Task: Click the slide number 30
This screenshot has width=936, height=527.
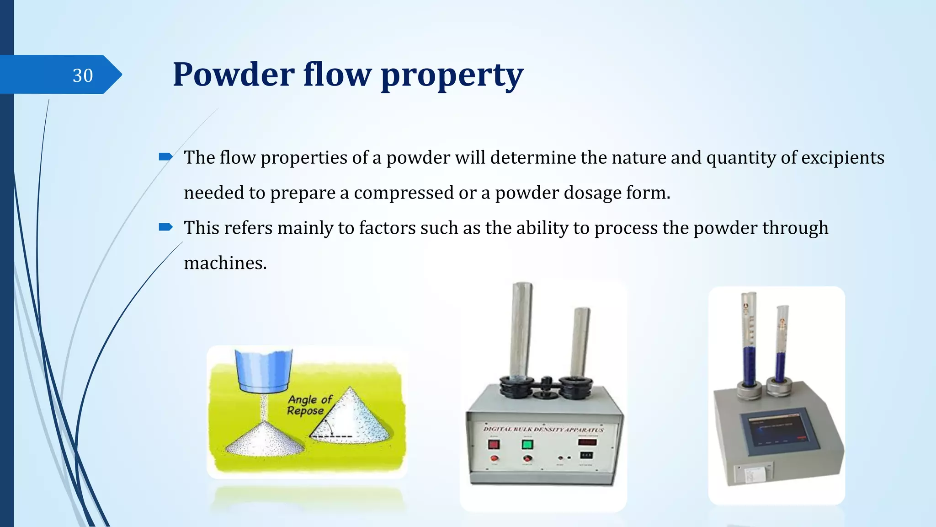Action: pos(83,75)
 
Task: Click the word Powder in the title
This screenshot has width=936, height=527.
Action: pos(234,75)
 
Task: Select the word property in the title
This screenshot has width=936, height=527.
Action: pos(452,75)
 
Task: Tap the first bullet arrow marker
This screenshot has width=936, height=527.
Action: pos(165,157)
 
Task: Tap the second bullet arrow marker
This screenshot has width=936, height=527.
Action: pos(165,227)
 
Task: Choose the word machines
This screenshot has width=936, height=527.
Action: pos(225,263)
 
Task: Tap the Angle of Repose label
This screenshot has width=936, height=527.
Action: pos(309,405)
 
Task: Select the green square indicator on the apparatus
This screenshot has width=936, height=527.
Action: pos(527,444)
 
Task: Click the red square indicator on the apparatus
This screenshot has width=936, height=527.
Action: pos(494,444)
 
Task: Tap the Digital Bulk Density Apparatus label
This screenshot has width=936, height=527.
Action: pos(543,429)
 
